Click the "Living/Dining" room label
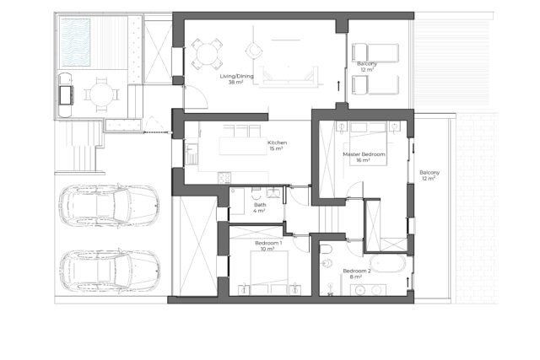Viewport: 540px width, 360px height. [236, 76]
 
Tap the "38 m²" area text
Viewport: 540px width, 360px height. [236, 83]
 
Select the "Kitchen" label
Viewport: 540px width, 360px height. [278, 142]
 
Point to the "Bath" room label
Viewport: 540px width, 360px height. [260, 205]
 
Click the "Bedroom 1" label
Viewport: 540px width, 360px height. [268, 243]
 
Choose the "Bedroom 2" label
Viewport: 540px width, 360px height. [357, 271]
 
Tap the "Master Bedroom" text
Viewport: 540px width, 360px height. [364, 154]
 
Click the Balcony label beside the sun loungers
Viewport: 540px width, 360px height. [367, 64]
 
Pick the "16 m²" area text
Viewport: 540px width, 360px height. [363, 160]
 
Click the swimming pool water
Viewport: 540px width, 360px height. [75, 42]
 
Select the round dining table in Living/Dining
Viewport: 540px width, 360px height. [207, 54]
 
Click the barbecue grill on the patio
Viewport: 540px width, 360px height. [66, 95]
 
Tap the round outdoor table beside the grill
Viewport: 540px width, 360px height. [101, 94]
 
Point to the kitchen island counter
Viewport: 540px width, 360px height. [243, 146]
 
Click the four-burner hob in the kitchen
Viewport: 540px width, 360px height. [224, 178]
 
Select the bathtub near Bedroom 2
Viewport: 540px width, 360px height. [388, 263]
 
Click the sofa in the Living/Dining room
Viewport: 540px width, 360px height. [289, 76]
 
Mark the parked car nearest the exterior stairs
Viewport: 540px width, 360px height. [109, 206]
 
